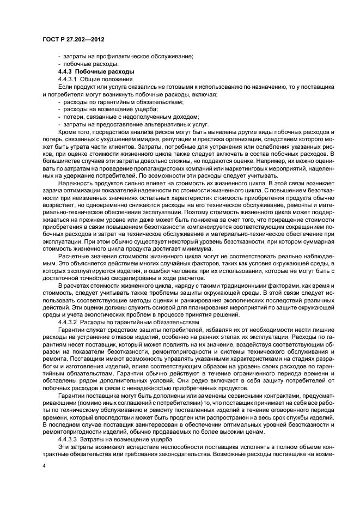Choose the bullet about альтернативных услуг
[130, 125]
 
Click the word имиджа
[147, 140]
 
